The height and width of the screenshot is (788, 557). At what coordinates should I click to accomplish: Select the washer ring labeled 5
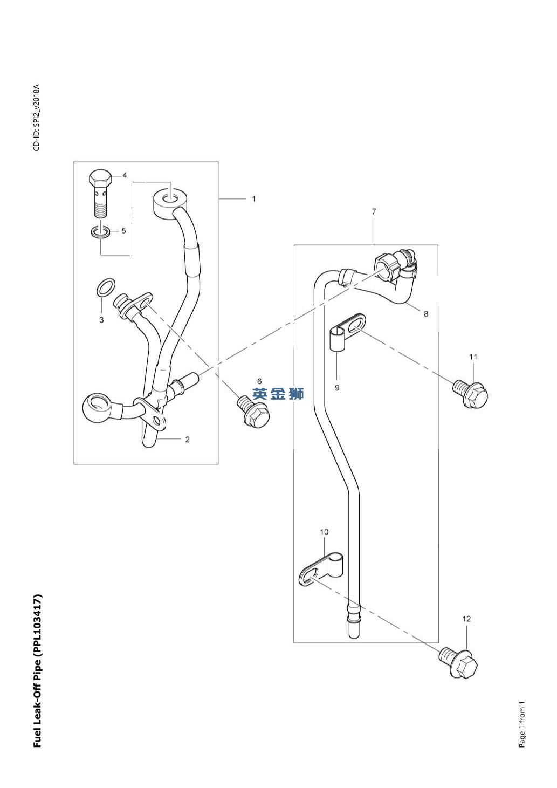coord(101,232)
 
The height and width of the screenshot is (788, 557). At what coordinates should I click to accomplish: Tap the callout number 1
coord(253,199)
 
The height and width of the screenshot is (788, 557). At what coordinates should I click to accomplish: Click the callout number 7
coord(374,212)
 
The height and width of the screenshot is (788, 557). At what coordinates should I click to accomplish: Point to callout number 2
coord(187,440)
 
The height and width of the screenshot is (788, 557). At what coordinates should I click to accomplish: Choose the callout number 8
coord(426,314)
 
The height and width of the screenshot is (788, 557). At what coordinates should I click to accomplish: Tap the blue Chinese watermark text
coord(278,394)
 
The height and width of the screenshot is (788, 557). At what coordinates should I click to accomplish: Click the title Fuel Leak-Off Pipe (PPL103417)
coord(37,671)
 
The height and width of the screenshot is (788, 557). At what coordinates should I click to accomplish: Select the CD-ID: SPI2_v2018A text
coord(36,118)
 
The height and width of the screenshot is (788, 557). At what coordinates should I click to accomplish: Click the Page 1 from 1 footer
coord(521,724)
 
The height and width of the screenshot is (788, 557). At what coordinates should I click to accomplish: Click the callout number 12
coord(466,619)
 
